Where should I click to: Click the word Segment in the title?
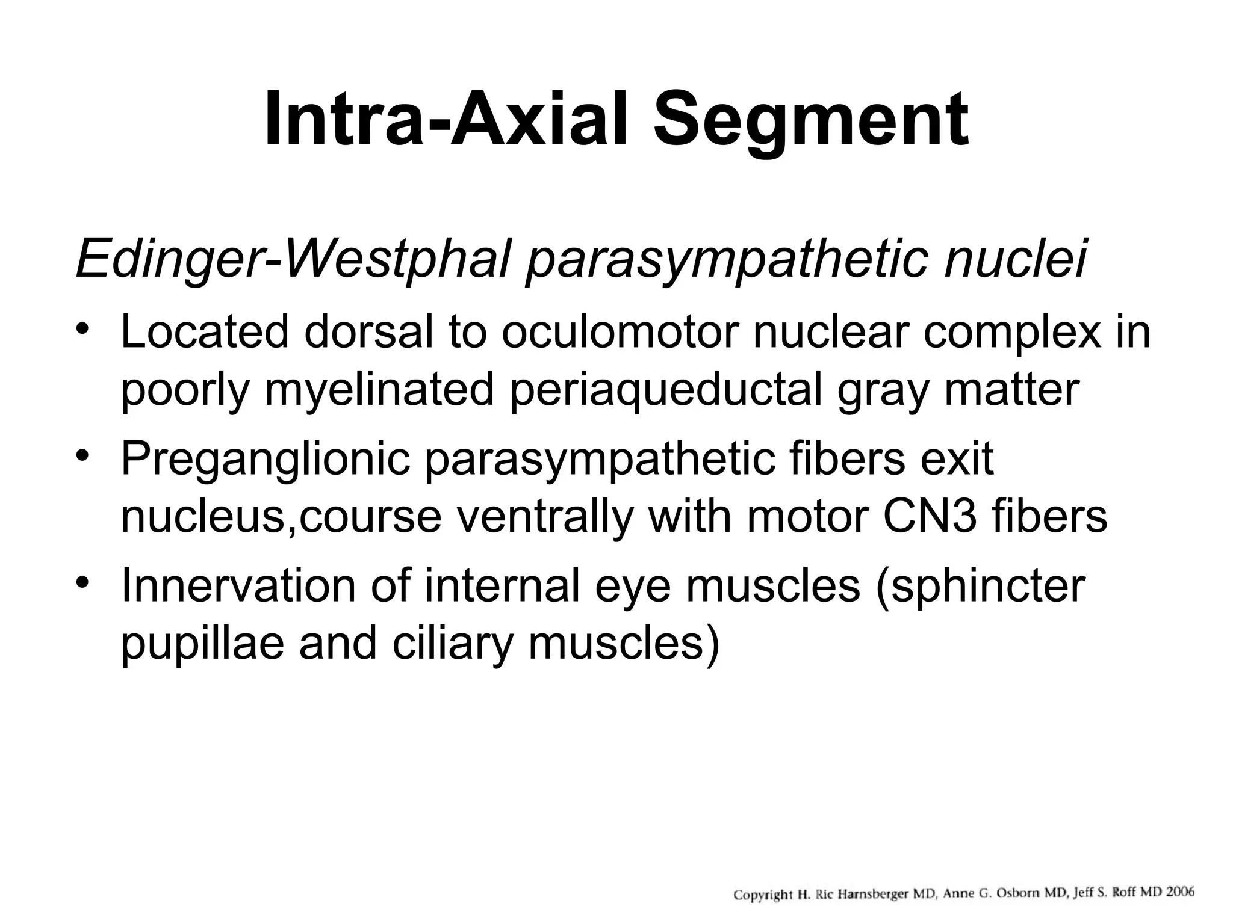coord(811,120)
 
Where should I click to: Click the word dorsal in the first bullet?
coord(368,332)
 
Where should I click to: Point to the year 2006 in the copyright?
coord(1178,892)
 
